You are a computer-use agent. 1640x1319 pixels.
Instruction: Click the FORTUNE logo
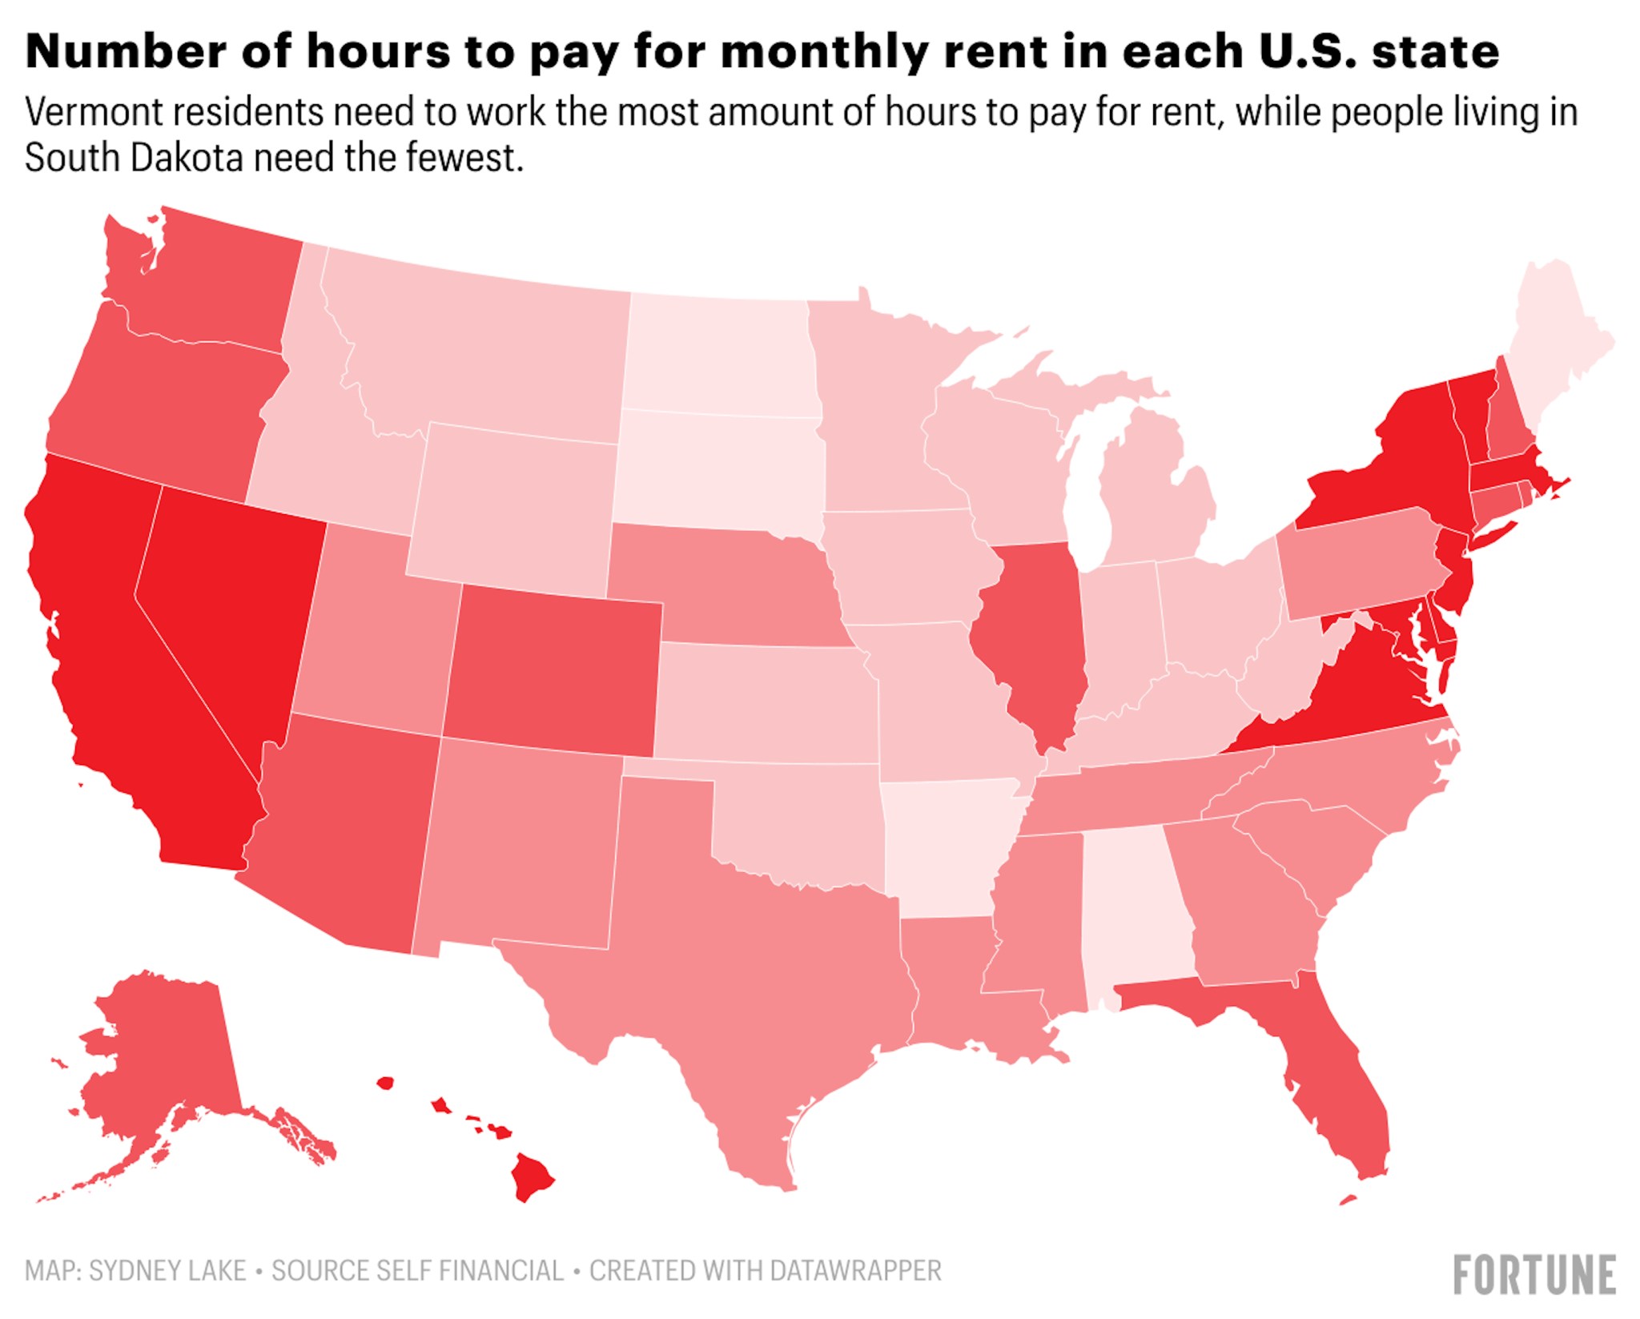tap(1533, 1274)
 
